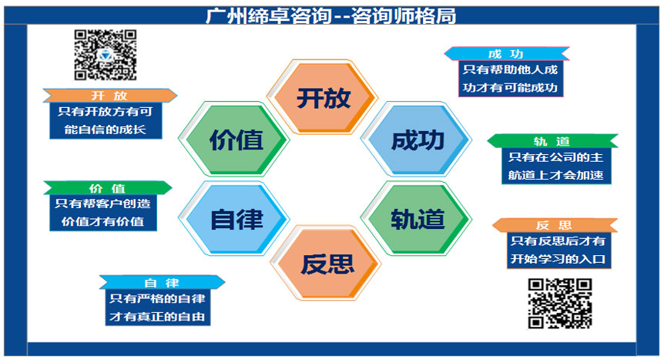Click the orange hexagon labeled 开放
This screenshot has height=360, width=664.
[x=323, y=97]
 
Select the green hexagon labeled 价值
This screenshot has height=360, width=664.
[x=234, y=139]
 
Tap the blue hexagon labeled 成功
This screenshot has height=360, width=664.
[x=416, y=139]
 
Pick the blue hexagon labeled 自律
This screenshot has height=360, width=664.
[x=234, y=219]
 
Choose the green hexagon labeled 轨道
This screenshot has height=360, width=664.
[x=416, y=219]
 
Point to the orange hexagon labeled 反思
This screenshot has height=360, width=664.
[x=326, y=263]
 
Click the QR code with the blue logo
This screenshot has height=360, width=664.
[x=106, y=55]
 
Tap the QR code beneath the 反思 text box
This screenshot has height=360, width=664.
[x=560, y=304]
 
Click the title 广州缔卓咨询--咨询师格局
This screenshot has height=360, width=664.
[x=331, y=15]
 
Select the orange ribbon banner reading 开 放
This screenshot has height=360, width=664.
[x=109, y=96]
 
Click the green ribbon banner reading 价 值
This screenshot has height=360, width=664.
[x=108, y=188]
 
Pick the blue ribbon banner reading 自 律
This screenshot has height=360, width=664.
[x=162, y=282]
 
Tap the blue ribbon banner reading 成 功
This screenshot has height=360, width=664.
[x=506, y=54]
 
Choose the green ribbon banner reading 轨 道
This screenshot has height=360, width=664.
[x=552, y=141]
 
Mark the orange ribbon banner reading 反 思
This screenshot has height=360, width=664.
[x=555, y=225]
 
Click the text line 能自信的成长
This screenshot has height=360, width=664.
[x=106, y=130]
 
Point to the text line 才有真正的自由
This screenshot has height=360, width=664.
[x=158, y=316]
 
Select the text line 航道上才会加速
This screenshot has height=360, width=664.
[x=556, y=175]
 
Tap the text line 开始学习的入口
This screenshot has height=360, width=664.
[x=558, y=259]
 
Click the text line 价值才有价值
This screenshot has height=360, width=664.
[x=103, y=221]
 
